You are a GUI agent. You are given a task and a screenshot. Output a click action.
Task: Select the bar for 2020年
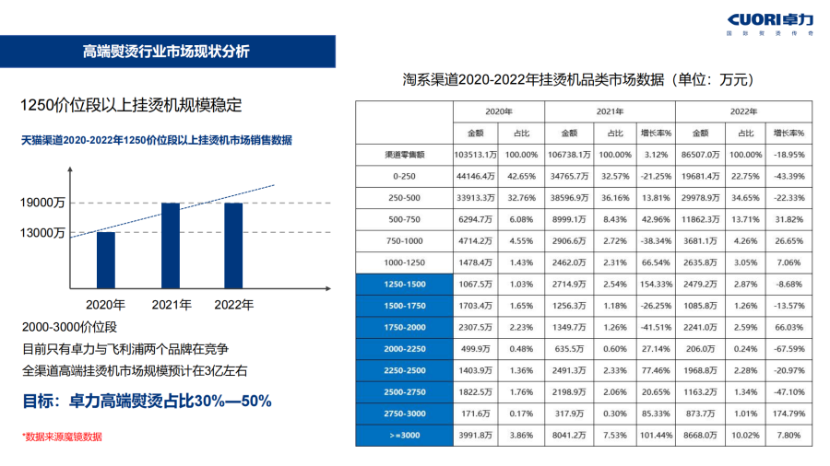[x=106, y=259]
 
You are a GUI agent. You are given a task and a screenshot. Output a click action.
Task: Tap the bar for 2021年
[x=170, y=244]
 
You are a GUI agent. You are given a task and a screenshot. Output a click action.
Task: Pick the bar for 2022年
[x=233, y=244]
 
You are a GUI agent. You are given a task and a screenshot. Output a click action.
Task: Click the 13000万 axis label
[x=42, y=233]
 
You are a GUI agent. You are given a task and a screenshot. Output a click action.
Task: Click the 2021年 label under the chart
[x=171, y=304]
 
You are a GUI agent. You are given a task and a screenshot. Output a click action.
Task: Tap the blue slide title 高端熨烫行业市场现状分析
[x=166, y=52]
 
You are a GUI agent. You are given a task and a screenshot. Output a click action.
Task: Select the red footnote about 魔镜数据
[x=62, y=437]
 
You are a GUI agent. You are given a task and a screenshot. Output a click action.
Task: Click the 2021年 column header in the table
[x=589, y=111]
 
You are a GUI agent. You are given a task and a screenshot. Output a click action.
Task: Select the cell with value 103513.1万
[x=477, y=155]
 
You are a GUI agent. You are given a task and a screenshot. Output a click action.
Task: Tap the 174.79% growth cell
[x=788, y=413]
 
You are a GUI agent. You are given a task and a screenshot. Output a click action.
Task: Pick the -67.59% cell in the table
[x=788, y=349]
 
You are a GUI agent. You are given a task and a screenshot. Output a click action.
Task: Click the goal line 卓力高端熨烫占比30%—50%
[x=147, y=402]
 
